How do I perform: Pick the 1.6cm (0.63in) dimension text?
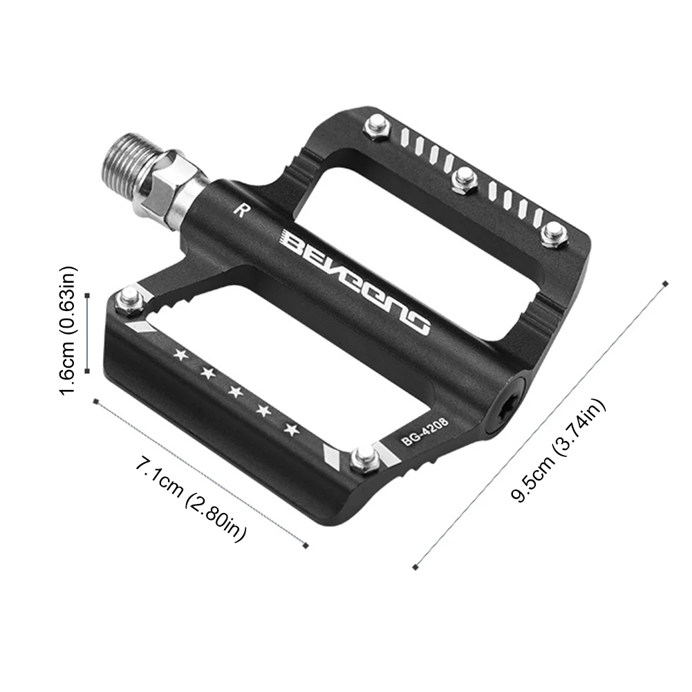click(x=69, y=330)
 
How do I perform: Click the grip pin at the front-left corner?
click(x=129, y=299)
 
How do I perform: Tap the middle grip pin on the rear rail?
click(x=462, y=179)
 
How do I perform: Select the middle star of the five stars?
click(x=236, y=392)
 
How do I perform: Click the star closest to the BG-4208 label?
click(x=292, y=430)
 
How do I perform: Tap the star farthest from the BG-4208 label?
click(x=181, y=355)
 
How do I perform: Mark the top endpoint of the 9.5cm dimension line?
click(x=666, y=283)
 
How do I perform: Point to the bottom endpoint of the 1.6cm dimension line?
click(x=88, y=371)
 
